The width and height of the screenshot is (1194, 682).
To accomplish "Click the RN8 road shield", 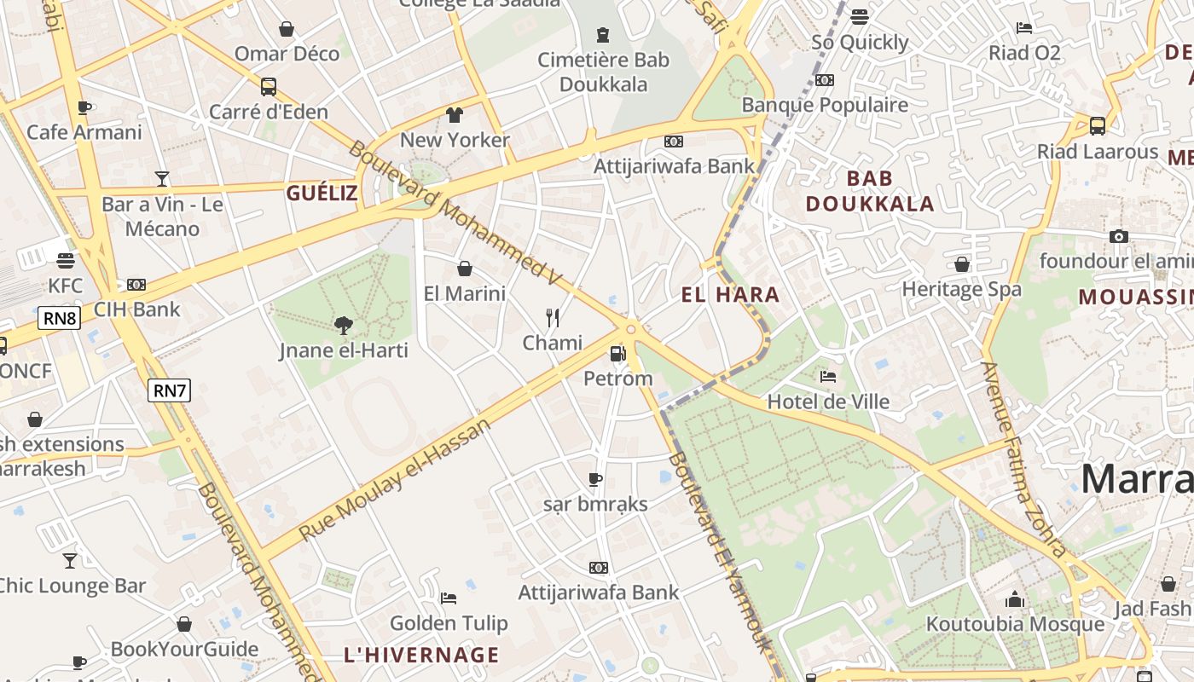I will [59, 319].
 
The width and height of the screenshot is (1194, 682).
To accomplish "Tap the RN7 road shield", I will [169, 390].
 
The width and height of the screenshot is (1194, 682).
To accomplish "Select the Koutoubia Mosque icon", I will [1014, 599].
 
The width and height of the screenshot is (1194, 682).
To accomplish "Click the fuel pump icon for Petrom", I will [617, 353].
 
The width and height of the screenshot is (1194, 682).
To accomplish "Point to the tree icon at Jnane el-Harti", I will [344, 325].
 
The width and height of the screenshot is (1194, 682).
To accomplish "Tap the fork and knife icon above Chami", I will [553, 318].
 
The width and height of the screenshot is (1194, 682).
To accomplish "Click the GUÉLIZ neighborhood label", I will [322, 193].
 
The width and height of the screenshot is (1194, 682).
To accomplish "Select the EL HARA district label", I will [730, 295].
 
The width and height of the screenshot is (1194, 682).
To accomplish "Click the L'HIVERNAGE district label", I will [421, 655].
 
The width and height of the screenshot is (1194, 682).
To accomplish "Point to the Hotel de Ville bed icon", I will [827, 376].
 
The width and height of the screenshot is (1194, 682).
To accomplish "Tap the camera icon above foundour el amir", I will [1119, 236].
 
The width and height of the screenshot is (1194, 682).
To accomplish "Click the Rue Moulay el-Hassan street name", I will [396, 479].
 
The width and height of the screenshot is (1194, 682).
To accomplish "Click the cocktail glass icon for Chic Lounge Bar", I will [70, 560].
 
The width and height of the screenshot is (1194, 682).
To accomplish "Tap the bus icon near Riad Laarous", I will [1098, 125].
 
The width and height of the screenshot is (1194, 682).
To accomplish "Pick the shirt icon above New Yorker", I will [455, 114].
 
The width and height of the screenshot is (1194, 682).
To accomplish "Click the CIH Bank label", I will [137, 309].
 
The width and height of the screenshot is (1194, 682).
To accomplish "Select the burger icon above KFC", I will [66, 260].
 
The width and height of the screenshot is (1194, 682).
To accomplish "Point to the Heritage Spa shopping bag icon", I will [962, 264].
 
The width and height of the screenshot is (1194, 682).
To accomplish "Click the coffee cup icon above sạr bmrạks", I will [595, 479].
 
